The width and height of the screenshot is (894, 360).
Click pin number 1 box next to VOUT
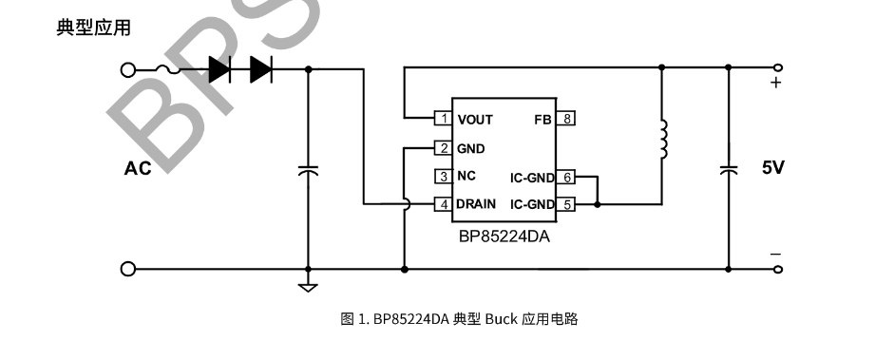tap(444, 119)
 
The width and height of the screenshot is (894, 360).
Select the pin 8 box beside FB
tap(566, 119)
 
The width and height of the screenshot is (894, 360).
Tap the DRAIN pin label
tap(476, 204)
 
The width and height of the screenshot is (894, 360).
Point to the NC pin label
tap(466, 176)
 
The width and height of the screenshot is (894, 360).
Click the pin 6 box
tap(566, 178)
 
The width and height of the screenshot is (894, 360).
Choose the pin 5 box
tap(566, 204)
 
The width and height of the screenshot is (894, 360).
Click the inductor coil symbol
tap(663, 139)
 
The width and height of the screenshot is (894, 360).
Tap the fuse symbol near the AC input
tap(167, 70)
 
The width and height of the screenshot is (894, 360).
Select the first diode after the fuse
tap(219, 69)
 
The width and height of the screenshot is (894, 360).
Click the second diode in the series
tap(261, 69)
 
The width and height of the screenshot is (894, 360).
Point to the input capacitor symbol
tap(309, 170)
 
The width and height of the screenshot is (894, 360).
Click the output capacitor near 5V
tap(728, 169)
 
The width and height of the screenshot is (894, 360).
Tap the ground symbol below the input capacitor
tap(309, 287)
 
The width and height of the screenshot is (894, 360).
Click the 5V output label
tap(773, 167)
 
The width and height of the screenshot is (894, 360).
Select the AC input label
tap(138, 169)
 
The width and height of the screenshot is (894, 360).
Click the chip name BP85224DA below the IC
tap(504, 237)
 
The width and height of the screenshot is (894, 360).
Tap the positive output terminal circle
tap(779, 67)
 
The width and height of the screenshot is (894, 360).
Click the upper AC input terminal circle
tap(128, 70)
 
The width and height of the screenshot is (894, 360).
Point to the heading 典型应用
tap(93, 28)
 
